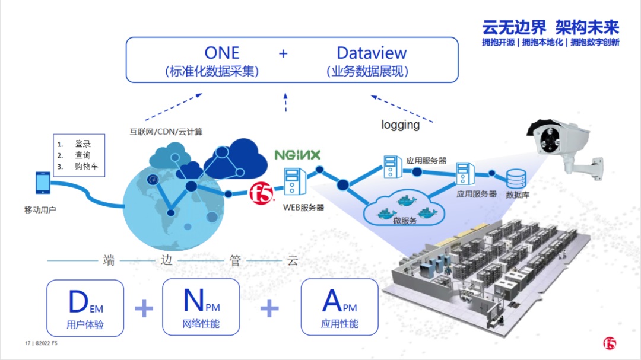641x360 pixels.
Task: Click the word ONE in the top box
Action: click(221, 52)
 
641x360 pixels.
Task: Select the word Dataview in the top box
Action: click(372, 52)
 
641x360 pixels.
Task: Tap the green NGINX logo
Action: click(297, 155)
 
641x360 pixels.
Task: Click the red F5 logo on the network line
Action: click(260, 192)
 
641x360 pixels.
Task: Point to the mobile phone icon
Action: click(43, 183)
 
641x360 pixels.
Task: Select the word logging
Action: click(400, 125)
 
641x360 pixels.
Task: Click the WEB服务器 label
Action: click(303, 207)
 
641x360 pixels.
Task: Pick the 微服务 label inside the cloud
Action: click(405, 220)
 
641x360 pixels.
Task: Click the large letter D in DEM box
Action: click(78, 302)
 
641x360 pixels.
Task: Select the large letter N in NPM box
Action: click(193, 301)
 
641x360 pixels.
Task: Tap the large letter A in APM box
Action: click(332, 301)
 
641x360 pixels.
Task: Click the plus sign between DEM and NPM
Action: click(144, 308)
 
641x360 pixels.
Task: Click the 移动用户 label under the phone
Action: click(40, 209)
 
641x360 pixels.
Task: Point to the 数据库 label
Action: click(517, 195)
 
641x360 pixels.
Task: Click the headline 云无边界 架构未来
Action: click(550, 27)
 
